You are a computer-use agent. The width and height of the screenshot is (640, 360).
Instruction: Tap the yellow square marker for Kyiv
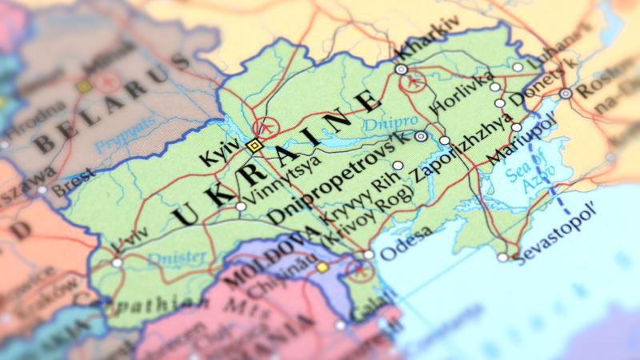[x=254, y=145]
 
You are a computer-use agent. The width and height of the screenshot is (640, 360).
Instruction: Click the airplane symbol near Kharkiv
[x=414, y=82]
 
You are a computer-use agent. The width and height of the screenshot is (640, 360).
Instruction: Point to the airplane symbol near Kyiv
[x=265, y=127]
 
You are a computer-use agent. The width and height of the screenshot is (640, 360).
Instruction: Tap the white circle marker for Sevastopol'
[x=502, y=258]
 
